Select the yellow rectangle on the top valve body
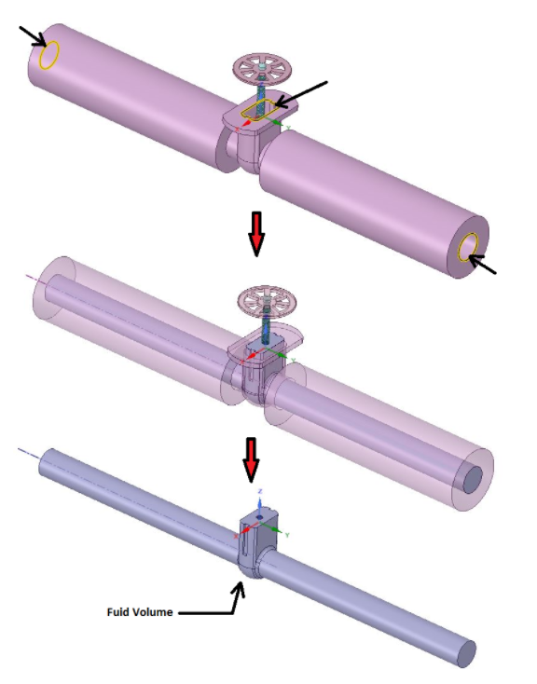point(257,109)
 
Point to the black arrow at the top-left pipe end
point(30,36)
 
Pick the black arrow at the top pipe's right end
point(483,265)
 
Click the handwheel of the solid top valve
point(261,69)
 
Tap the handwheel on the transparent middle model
point(266,302)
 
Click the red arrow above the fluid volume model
point(250,454)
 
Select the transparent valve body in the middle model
point(257,368)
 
